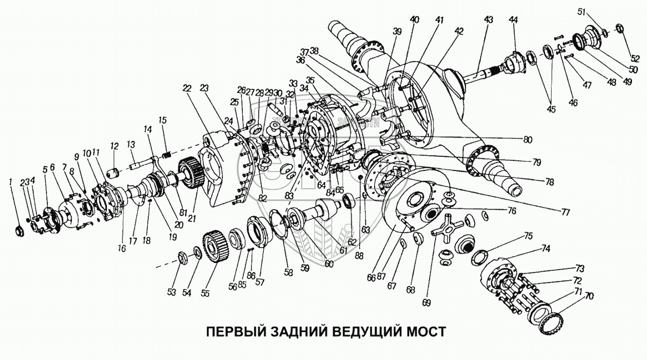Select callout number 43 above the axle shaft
[x=488, y=19]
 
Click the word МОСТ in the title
[x=424, y=332]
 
